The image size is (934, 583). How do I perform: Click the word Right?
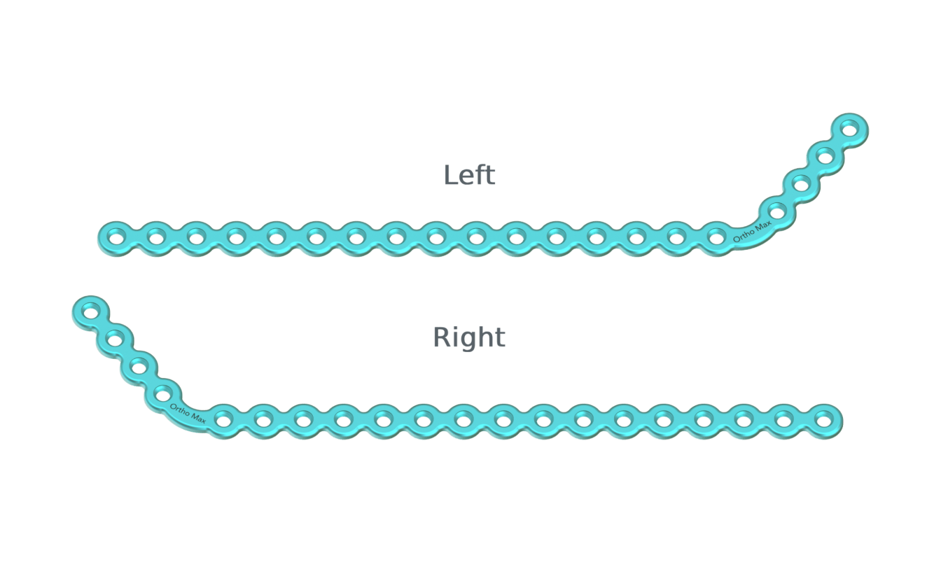(469, 337)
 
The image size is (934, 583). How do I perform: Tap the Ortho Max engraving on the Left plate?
(752, 231)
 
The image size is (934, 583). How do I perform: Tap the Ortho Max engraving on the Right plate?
(187, 413)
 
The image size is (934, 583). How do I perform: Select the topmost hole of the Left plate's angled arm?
(850, 128)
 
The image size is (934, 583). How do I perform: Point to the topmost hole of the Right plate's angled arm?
(90, 311)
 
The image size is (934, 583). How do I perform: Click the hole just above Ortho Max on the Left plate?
(777, 212)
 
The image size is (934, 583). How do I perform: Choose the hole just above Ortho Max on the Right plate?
(163, 394)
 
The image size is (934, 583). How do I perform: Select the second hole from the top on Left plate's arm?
(825, 156)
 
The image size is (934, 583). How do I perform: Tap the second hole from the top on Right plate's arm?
(114, 339)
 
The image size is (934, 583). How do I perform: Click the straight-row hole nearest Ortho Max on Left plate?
(716, 238)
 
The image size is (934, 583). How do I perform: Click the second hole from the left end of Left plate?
(156, 238)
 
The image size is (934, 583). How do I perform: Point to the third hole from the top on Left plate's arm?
(801, 184)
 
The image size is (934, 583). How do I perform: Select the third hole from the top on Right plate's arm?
(139, 366)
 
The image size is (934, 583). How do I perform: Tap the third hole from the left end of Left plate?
(196, 238)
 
